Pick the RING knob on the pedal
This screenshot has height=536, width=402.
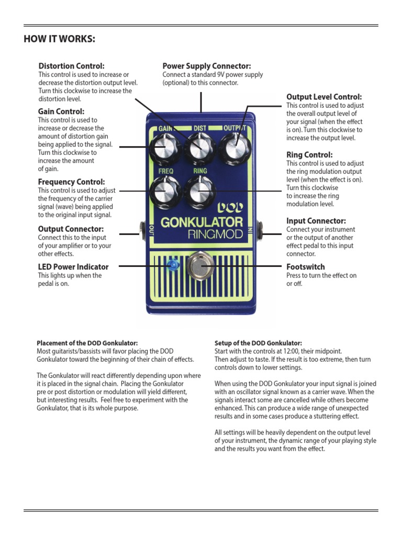199,191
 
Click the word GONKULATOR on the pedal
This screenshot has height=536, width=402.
202,222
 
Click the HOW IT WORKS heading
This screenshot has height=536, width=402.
60,40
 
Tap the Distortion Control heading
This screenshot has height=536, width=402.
72,66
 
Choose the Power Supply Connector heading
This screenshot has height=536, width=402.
206,66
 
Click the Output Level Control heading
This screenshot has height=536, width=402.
324,97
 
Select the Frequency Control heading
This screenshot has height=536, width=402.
71,182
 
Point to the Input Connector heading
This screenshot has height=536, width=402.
316,221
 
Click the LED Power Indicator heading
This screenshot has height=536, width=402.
73,267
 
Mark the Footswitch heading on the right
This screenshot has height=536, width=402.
306,267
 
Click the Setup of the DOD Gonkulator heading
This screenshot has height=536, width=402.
258,343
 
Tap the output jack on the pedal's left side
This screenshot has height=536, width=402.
142,228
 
